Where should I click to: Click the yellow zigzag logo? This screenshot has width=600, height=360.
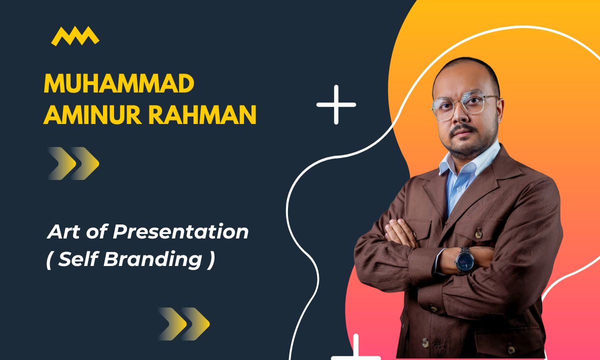coord(75,36)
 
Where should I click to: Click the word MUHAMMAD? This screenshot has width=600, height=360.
coord(118,84)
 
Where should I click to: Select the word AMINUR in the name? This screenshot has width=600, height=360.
coord(89,116)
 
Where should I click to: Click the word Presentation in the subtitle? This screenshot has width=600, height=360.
coord(180,232)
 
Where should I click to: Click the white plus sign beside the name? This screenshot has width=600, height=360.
coord(336,104)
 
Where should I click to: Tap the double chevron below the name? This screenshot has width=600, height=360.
coord(74,163)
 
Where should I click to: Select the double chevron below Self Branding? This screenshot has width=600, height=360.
coord(184,323)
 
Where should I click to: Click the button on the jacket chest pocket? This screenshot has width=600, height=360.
coord(478,233)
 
